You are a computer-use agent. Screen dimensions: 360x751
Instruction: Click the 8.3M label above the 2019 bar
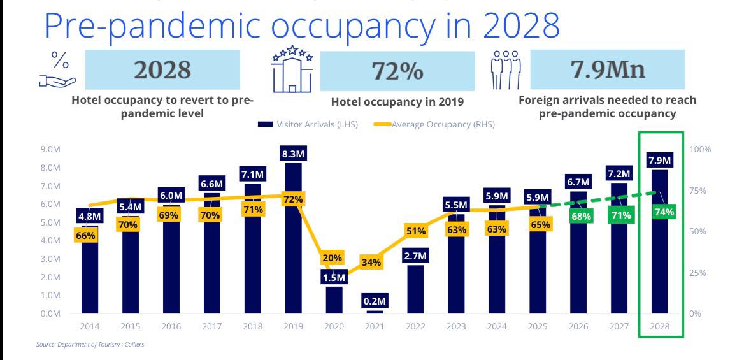point(293,154)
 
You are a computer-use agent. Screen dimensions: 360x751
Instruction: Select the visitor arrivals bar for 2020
point(334,299)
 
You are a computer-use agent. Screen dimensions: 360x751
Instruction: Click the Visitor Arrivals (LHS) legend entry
point(308,124)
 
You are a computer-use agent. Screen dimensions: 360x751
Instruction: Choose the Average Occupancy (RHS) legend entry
point(434,124)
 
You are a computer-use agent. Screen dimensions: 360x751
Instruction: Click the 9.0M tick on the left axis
point(50,150)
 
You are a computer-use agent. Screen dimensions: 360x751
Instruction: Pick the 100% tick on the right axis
point(700,150)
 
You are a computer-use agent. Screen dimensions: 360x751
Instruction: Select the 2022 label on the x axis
point(415,326)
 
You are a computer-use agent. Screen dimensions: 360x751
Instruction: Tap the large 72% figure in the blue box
point(397,71)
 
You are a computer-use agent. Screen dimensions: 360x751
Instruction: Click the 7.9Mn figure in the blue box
point(606,69)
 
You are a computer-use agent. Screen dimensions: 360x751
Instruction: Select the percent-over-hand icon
point(57,69)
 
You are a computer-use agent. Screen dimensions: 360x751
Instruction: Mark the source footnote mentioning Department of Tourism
point(89,345)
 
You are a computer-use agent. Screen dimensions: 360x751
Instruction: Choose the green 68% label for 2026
point(581,216)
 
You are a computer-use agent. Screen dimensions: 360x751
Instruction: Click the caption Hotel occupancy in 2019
point(397,102)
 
